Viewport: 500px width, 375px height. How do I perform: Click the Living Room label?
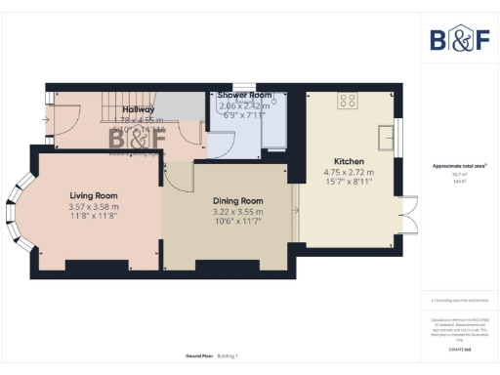93,195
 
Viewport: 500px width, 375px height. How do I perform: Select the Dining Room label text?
238,201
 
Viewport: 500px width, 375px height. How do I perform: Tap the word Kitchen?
349,161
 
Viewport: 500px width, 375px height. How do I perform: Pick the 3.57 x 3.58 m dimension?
93,207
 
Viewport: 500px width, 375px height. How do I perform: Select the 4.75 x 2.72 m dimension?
349,173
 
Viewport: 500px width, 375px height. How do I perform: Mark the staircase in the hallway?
127,105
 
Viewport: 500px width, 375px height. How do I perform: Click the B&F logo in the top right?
459,39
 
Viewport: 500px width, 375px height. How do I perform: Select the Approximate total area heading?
459,166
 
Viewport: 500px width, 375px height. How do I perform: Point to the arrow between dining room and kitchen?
295,208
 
